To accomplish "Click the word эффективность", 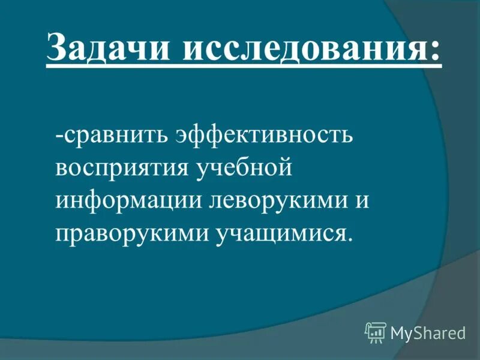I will point(264,133).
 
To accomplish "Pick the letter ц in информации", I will point(178,202).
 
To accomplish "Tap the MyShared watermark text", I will point(428,332).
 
